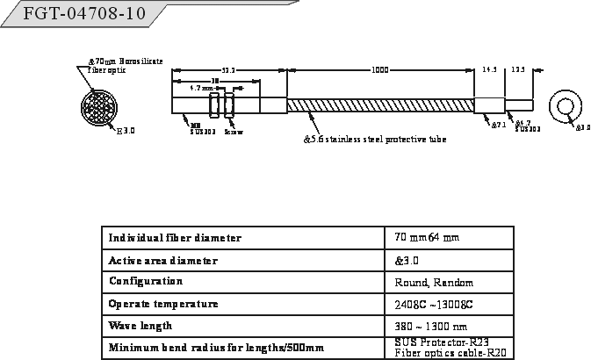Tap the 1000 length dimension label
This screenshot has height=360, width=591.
click(x=380, y=70)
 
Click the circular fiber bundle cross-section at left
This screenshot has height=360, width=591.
click(x=97, y=109)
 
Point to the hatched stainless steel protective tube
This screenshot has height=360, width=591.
click(x=380, y=104)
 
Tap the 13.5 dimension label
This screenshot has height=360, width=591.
click(x=519, y=70)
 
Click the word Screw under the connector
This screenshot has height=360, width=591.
click(x=234, y=133)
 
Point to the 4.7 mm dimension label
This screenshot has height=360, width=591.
click(x=203, y=89)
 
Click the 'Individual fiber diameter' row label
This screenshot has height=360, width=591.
click(x=175, y=238)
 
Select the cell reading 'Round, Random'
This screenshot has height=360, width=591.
click(x=434, y=283)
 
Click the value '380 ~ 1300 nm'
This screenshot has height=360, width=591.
click(x=431, y=327)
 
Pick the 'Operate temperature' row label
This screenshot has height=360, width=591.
click(x=162, y=304)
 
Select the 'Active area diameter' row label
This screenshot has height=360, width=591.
click(x=162, y=261)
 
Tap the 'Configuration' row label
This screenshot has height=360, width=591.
click(x=146, y=282)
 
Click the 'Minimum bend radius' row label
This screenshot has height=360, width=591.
click(x=216, y=349)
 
